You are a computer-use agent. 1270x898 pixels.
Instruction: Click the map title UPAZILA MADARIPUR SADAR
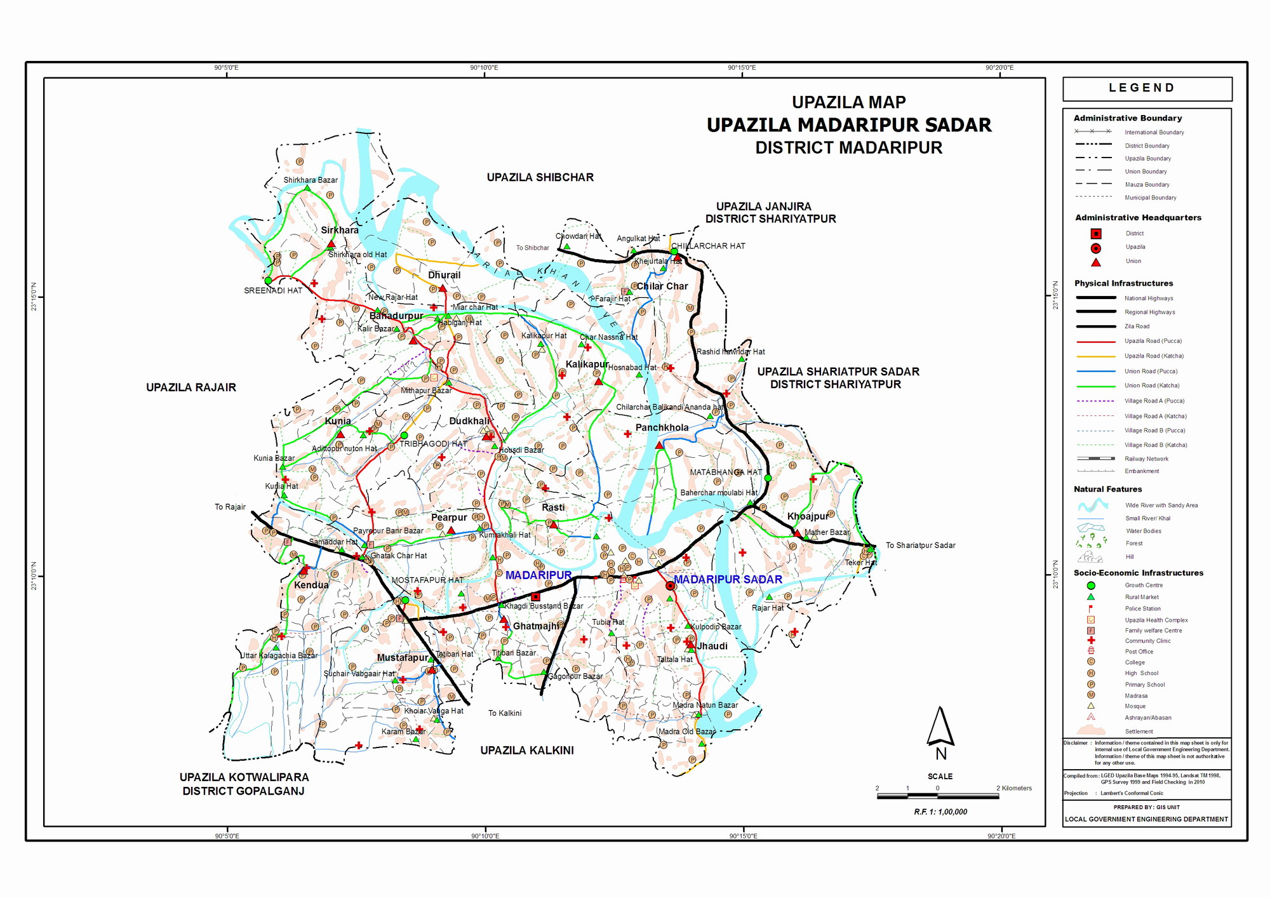pyautogui.click(x=849, y=125)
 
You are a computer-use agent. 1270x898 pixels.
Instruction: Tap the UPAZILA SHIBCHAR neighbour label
pyautogui.click(x=540, y=177)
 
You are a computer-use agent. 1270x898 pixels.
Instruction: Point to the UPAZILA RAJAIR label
pyautogui.click(x=191, y=387)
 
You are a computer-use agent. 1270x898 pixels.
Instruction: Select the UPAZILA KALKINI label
pyautogui.click(x=526, y=750)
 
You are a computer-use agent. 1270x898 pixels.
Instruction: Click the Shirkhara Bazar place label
pyautogui.click(x=311, y=180)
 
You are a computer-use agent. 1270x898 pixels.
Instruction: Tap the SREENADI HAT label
pyautogui.click(x=273, y=291)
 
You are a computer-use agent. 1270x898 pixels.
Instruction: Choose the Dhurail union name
pyautogui.click(x=444, y=275)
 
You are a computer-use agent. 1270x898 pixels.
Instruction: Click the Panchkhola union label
pyautogui.click(x=662, y=427)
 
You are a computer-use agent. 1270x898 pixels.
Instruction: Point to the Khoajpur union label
pyautogui.click(x=808, y=516)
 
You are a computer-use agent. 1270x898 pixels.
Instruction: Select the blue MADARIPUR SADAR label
pyautogui.click(x=728, y=579)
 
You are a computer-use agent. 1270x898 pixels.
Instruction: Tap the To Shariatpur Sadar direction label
pyautogui.click(x=920, y=546)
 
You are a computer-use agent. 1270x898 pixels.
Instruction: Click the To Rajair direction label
pyautogui.click(x=230, y=507)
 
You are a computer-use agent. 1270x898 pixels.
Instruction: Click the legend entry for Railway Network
pyautogui.click(x=1146, y=459)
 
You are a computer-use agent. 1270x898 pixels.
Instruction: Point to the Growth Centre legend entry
pyautogui.click(x=1144, y=586)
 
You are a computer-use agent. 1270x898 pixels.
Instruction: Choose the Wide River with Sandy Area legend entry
pyautogui.click(x=1161, y=506)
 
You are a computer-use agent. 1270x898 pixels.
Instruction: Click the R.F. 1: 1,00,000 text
pyautogui.click(x=940, y=812)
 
